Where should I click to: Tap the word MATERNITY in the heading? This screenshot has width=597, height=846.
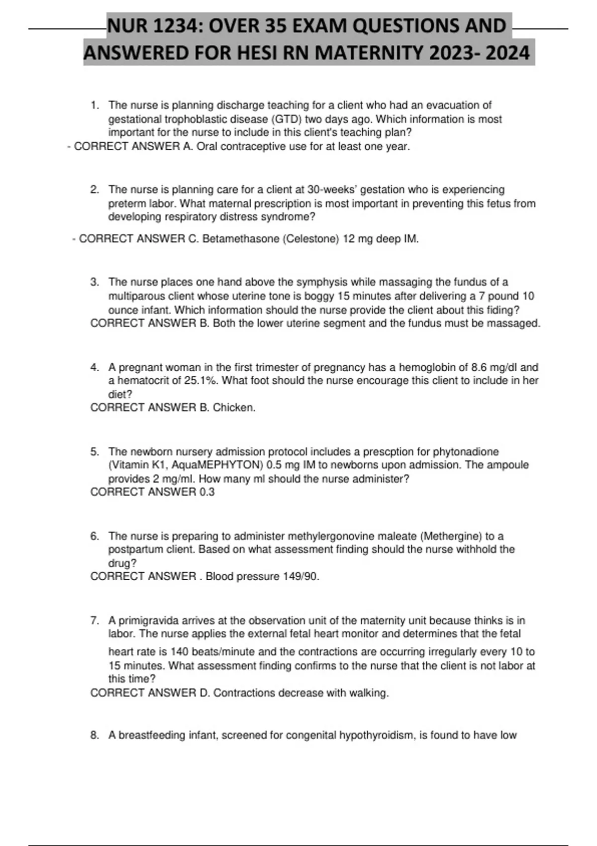(x=369, y=53)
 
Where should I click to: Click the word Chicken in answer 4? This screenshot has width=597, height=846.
(x=233, y=408)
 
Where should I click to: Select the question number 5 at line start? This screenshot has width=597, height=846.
(x=94, y=452)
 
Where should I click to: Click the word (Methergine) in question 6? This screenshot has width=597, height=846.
(x=451, y=536)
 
